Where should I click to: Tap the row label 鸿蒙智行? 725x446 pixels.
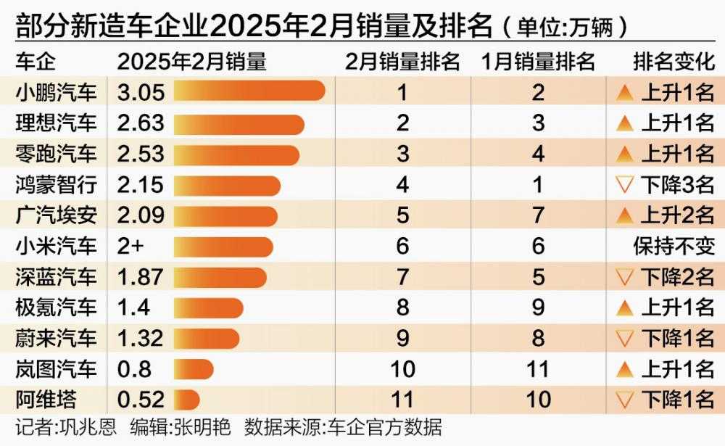pyautogui.click(x=56, y=185)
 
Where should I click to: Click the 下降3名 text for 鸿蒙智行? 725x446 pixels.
pyautogui.click(x=678, y=185)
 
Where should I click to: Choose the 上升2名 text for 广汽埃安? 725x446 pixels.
pyautogui.click(x=678, y=215)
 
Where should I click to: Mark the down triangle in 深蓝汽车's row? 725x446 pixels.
pyautogui.click(x=624, y=277)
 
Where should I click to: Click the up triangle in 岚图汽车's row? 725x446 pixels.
pyautogui.click(x=624, y=369)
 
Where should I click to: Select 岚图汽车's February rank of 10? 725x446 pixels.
pyautogui.click(x=402, y=369)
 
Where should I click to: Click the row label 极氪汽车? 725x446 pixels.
pyautogui.click(x=56, y=307)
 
